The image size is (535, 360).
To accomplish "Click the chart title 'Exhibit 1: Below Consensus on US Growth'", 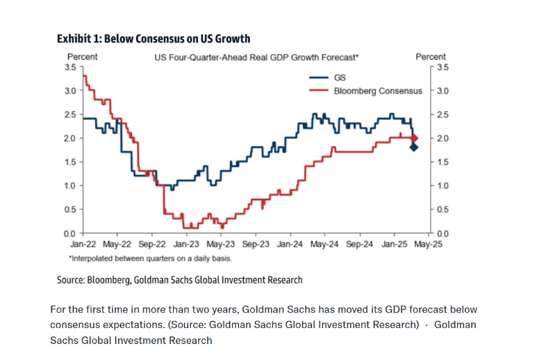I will tap(154, 38).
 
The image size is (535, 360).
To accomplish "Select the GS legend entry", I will tap(330, 77).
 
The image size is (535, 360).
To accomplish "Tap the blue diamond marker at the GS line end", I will tap(414, 147).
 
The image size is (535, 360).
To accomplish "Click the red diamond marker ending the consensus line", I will tap(415, 138).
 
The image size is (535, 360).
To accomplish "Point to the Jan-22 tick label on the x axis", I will tap(83, 245).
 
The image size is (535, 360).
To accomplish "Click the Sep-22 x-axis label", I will tap(151, 245).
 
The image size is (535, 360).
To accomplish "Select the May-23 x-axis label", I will tap(220, 245).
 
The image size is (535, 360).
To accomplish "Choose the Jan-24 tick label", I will tap(290, 245).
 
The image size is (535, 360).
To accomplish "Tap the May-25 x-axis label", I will tap(429, 245).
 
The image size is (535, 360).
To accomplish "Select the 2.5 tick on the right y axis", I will tap(443, 114).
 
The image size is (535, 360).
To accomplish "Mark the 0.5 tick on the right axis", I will tap(443, 209).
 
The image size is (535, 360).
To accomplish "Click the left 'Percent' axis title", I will tap(82, 56).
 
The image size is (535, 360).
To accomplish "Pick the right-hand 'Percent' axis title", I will tap(431, 56).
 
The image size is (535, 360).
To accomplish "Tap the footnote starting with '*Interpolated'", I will tap(149, 258).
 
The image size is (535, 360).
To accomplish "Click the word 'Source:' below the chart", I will tap(71, 280).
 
